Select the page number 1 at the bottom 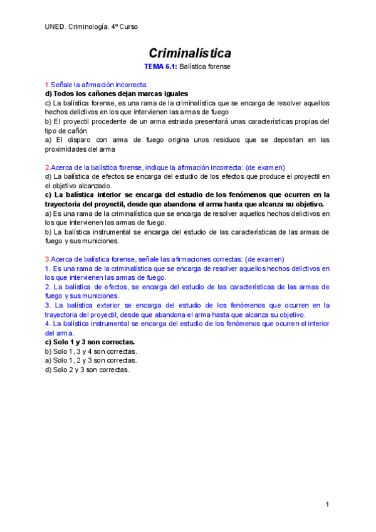coord(327,505)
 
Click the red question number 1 coord(46,85)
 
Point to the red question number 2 coord(46,168)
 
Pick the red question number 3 coord(46,259)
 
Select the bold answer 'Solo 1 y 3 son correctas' coord(90,342)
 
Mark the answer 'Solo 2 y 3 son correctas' coord(87,370)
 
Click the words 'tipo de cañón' coord(66,130)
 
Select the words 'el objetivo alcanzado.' coord(78,186)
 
